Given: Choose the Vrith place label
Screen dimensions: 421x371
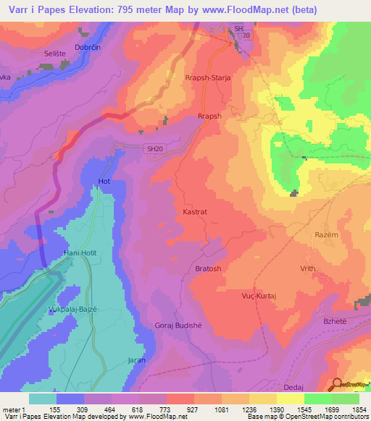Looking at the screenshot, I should [308, 268].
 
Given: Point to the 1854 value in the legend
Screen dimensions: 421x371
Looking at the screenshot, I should [356, 409].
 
